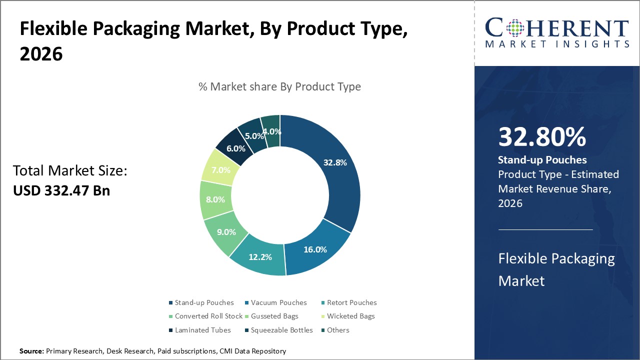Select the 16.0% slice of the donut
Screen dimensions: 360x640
click(315, 248)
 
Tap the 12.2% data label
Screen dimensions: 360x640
click(260, 257)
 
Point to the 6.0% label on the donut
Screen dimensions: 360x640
click(235, 148)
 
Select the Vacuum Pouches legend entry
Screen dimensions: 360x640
click(278, 302)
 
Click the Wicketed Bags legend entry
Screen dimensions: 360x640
click(350, 316)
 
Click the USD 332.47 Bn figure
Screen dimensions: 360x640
click(61, 190)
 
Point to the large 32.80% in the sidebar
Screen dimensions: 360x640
click(542, 137)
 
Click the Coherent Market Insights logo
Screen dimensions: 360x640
click(556, 32)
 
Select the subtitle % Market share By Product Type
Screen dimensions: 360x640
click(279, 86)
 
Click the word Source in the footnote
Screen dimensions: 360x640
click(31, 351)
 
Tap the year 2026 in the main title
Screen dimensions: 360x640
click(41, 54)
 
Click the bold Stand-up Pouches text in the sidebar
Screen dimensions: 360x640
click(542, 160)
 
